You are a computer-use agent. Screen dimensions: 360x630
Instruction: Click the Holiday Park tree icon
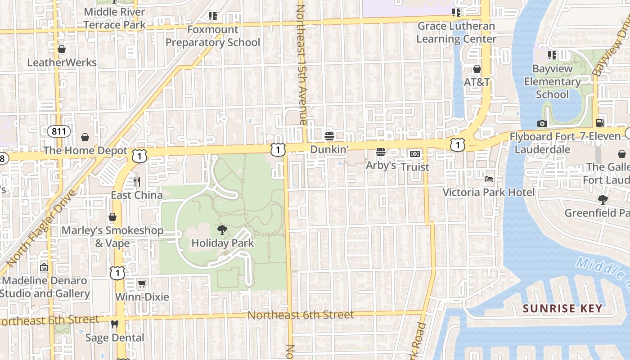tap(222, 230)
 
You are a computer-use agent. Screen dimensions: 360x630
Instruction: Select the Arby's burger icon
tap(381, 152)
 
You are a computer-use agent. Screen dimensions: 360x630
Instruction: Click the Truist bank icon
tap(414, 154)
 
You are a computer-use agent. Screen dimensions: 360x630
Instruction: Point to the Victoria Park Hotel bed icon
tap(489, 179)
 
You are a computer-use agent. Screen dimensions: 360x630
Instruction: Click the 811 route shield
tap(59, 132)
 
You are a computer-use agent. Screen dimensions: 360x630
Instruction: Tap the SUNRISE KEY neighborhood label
tap(562, 309)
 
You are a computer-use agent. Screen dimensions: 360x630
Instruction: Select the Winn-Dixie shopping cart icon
tap(142, 283)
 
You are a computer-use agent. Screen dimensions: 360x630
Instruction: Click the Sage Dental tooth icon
tap(114, 324)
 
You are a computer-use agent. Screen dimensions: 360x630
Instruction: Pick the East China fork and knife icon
tap(137, 182)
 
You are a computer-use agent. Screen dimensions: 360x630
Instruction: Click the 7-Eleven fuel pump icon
tap(600, 122)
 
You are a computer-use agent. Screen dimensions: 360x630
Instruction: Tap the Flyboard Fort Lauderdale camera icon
tap(542, 123)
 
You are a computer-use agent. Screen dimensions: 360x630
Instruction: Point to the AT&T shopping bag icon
tap(477, 69)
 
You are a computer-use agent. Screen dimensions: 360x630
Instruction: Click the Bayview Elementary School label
tap(552, 81)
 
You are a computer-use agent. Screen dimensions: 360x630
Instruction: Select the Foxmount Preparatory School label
tap(213, 36)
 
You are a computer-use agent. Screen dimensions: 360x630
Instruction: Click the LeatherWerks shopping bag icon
tap(62, 49)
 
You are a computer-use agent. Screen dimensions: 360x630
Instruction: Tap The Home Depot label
tap(85, 150)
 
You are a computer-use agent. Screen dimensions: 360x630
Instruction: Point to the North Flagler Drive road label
tap(40, 229)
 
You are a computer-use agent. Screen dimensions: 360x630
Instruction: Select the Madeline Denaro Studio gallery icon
tap(44, 267)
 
